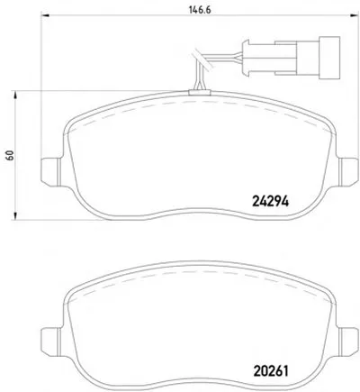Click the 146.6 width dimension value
tap(200, 10)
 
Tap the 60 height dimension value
tap(11, 155)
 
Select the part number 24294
tap(271, 201)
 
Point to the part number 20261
tap(271, 371)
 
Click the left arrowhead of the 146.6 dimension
tap(45, 14)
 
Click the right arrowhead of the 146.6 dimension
tap(355, 14)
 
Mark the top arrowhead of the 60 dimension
tap(14, 95)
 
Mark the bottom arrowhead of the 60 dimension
tap(14, 215)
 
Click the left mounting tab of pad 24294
tap(51, 172)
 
